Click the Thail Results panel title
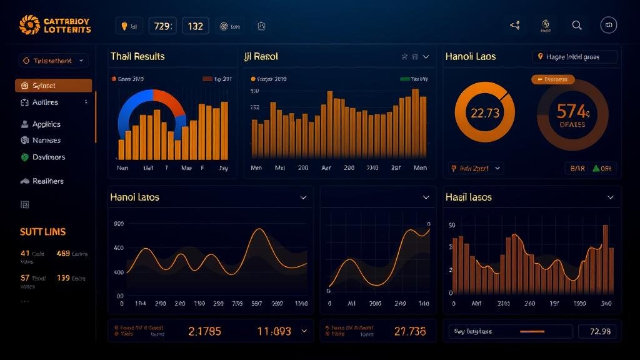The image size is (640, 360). [137, 56]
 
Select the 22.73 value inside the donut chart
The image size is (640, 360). [485, 113]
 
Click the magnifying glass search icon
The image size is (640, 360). [577, 25]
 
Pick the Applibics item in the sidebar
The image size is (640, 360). [46, 124]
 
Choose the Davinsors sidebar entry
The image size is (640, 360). [48, 157]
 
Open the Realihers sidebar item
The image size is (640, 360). [47, 181]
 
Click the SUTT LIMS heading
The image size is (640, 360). [42, 232]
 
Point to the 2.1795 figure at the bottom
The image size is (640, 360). [204, 331]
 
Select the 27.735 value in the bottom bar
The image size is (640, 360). [410, 331]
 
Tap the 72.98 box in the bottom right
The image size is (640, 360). [599, 331]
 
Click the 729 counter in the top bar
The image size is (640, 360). [162, 26]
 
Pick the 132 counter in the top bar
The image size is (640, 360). [196, 26]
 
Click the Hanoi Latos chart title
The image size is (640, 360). [134, 197]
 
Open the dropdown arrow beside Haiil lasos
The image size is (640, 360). [611, 197]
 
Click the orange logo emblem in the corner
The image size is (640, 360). [29, 25]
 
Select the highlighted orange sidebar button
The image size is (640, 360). [53, 86]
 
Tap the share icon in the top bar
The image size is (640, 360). [515, 26]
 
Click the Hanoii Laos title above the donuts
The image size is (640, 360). [470, 56]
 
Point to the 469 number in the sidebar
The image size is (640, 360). [63, 254]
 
